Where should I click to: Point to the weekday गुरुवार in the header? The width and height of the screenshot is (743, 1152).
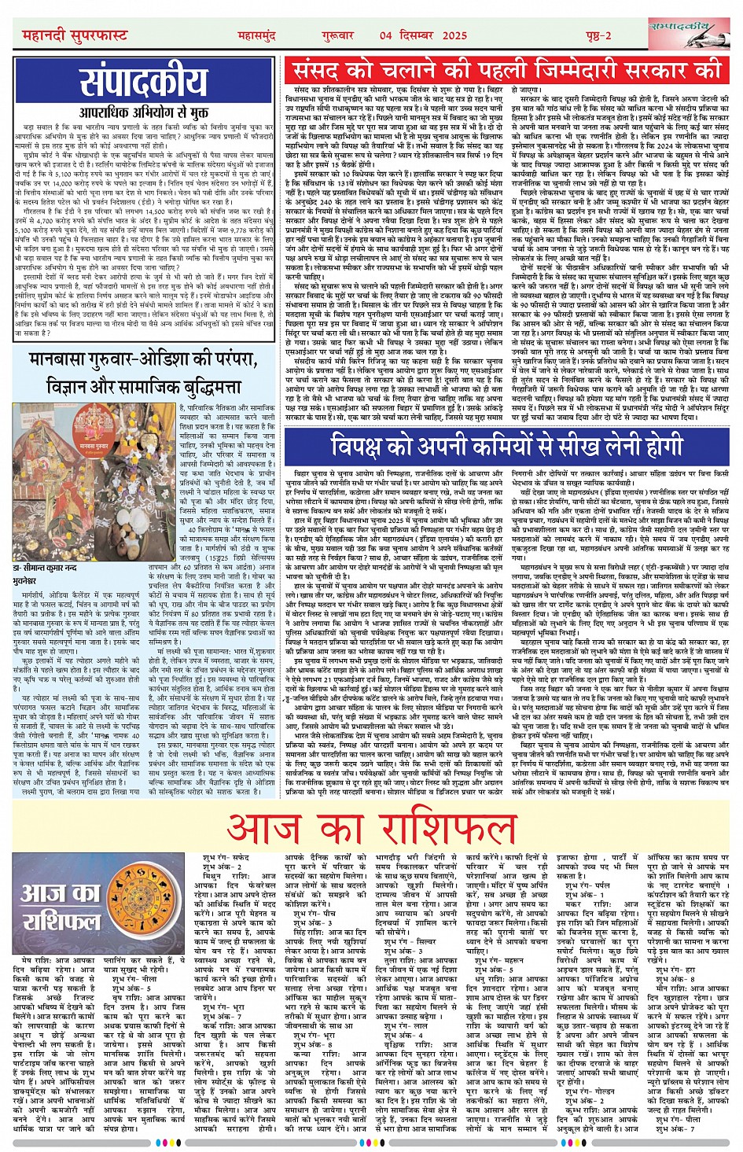point(337,36)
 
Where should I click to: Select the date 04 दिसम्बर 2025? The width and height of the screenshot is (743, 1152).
point(423,36)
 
